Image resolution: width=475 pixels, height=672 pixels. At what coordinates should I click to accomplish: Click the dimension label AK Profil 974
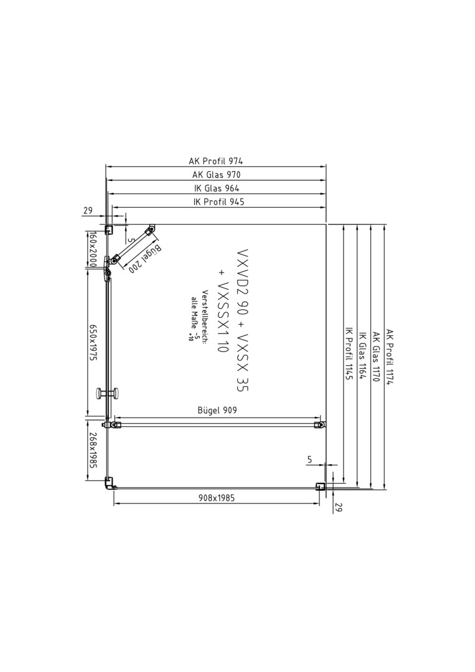click(x=215, y=161)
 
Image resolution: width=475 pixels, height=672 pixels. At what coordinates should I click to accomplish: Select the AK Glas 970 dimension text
click(x=216, y=174)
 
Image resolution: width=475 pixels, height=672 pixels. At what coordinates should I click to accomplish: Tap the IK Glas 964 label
click(x=217, y=188)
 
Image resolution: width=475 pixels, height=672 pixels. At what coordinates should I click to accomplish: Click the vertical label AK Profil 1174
click(x=389, y=357)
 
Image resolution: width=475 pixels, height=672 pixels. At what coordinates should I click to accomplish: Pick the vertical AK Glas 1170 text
click(x=375, y=357)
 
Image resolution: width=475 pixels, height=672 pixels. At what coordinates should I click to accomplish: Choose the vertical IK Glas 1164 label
click(x=362, y=356)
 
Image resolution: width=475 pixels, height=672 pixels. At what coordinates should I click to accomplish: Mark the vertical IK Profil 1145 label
click(x=349, y=354)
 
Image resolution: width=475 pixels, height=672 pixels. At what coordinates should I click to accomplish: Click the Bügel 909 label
click(x=217, y=410)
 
